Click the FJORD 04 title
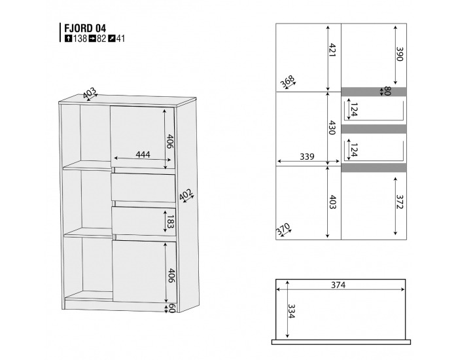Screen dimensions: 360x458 coord(83,28)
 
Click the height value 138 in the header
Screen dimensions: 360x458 coord(80,39)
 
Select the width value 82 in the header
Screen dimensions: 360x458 coord(101,39)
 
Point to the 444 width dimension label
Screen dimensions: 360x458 coord(143,154)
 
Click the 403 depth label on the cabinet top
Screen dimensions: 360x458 coord(90,92)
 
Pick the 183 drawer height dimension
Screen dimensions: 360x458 coord(171,221)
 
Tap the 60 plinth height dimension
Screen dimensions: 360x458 coord(171,308)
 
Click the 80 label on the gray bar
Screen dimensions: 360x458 coord(387,92)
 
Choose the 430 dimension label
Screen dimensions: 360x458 coord(332,128)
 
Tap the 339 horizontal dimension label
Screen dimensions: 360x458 coord(306,157)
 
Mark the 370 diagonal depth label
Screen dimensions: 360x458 coord(283,230)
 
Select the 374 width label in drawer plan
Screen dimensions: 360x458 coord(338,285)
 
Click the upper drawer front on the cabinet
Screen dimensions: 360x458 coord(143,187)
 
